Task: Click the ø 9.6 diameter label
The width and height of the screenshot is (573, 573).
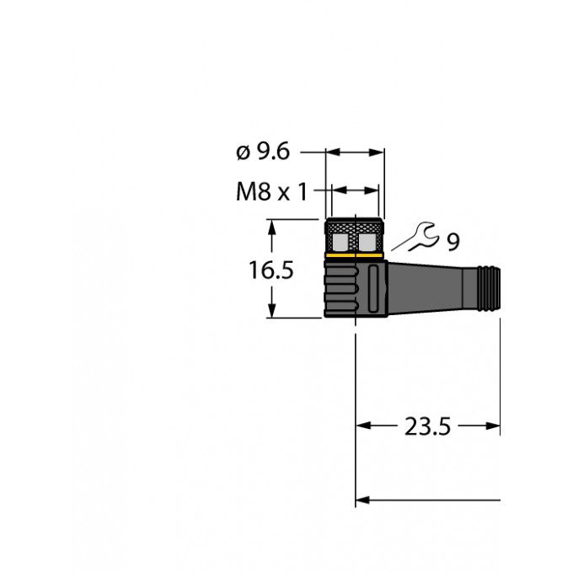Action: pyautogui.click(x=263, y=153)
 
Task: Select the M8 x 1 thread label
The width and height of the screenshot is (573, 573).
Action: pyautogui.click(x=270, y=192)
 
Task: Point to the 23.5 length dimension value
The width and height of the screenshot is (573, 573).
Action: pyautogui.click(x=428, y=427)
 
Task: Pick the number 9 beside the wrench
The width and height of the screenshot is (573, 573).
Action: pyautogui.click(x=453, y=244)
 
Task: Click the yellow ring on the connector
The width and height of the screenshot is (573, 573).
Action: pyautogui.click(x=355, y=255)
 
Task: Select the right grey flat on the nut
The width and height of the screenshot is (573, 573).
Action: pyautogui.click(x=368, y=243)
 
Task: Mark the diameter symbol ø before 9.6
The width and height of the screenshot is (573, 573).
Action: pyautogui.click(x=243, y=153)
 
